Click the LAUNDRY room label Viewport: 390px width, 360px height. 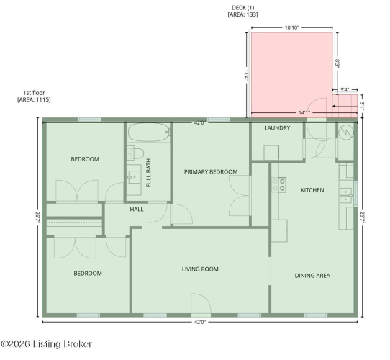coord(277,128)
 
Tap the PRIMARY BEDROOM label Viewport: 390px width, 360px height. coord(211,172)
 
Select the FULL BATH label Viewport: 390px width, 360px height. coord(148,173)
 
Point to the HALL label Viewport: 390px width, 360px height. coord(137,210)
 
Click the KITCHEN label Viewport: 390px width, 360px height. coord(312,190)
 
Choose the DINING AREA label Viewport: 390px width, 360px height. coord(312,276)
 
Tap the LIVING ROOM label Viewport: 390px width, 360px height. coord(200,269)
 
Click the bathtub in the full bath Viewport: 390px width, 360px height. coord(149,132)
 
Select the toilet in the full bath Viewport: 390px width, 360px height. coord(135,153)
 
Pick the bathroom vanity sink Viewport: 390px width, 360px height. coord(134,177)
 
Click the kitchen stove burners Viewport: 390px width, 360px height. coord(278,184)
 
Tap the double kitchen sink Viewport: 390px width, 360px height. coord(346,195)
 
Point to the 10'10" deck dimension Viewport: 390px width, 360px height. coord(291,27)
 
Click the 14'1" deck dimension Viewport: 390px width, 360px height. coord(304,113)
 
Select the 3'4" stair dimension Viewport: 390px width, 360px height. coord(345,89)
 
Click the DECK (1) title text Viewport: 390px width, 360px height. coord(243,8)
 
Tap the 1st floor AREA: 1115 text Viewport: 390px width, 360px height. coord(34,96)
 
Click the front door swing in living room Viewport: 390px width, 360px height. coord(201,305)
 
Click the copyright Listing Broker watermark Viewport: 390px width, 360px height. coord(47,344)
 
